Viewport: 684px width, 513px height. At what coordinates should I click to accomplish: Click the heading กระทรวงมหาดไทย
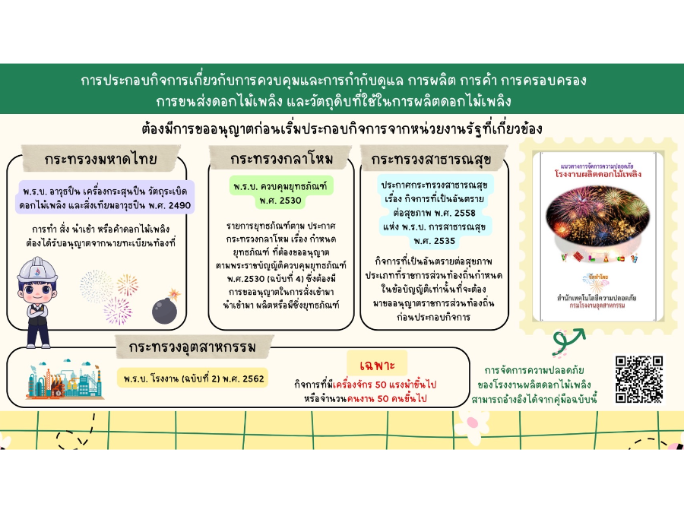click(x=100, y=160)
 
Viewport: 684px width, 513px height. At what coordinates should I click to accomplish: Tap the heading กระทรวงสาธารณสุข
click(x=430, y=160)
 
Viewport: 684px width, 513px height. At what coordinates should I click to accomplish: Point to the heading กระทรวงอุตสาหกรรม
click(x=192, y=348)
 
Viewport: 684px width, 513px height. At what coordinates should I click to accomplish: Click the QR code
click(x=638, y=378)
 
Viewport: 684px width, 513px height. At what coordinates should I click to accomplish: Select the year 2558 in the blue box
click(x=459, y=213)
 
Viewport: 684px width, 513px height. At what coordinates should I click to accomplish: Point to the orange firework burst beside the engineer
click(x=127, y=283)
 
